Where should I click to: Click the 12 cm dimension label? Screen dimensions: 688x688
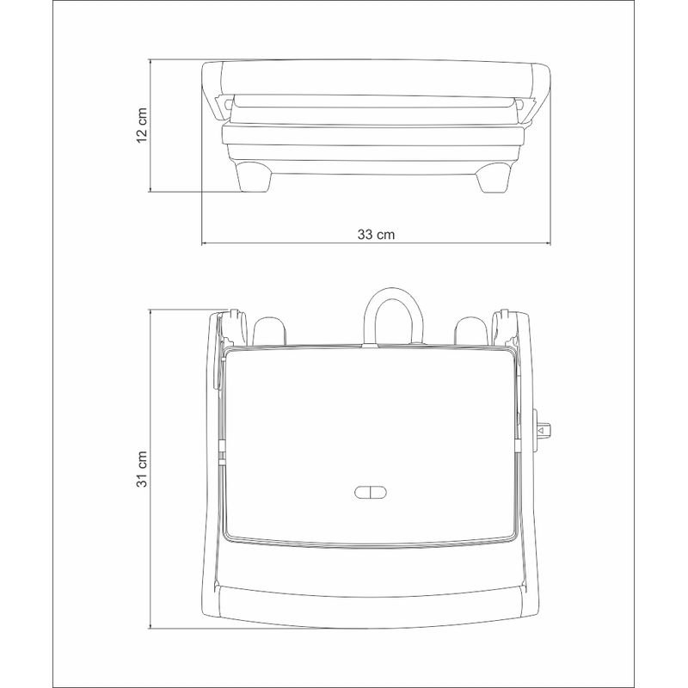tap(142, 125)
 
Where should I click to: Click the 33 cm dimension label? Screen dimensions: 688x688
tap(376, 235)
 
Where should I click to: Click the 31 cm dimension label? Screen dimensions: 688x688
tap(142, 469)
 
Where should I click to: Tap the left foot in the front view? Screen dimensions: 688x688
tap(254, 177)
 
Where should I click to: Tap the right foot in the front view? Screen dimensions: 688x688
tap(494, 177)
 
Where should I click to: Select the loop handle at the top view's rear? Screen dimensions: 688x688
tap(394, 292)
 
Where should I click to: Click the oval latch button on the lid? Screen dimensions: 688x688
tap(371, 492)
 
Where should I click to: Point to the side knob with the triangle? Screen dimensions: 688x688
tap(542, 429)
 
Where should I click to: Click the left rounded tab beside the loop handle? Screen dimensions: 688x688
tap(270, 331)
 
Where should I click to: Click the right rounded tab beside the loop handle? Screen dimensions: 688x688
tap(471, 330)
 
